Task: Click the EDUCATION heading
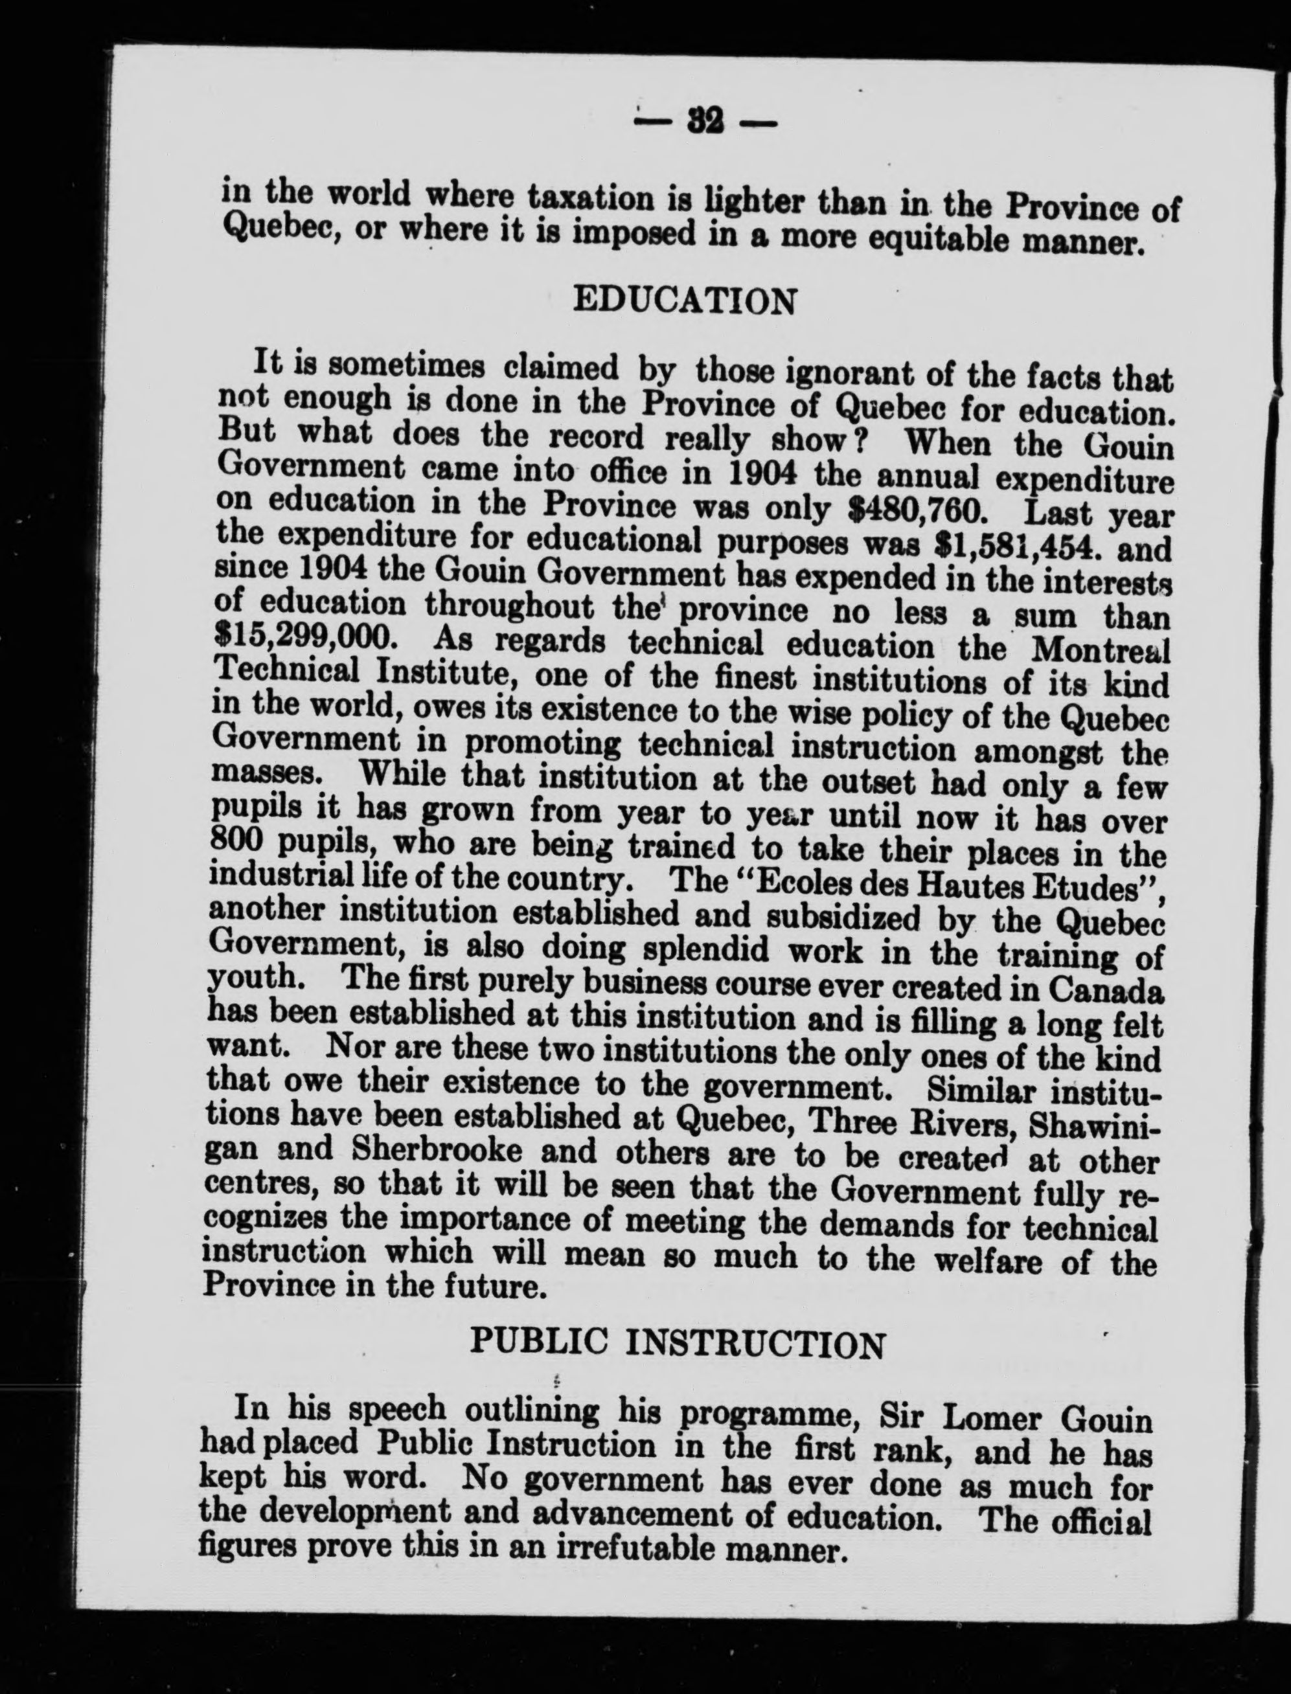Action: click(685, 301)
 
